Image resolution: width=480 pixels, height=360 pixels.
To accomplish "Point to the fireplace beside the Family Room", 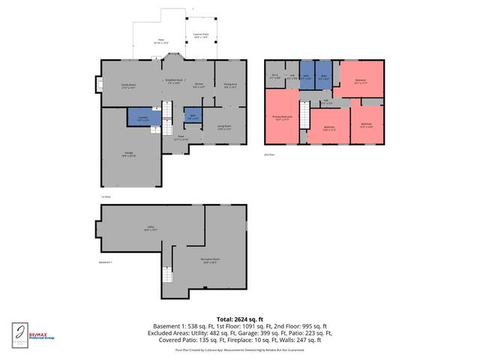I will coord(97,85).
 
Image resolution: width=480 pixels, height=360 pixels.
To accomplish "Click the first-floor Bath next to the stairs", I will coord(192,115).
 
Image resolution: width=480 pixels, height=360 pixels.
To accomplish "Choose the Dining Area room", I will coord(231,85).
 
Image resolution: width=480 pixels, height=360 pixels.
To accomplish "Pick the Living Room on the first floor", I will coord(223,127).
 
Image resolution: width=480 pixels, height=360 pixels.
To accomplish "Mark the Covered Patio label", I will coord(200,34).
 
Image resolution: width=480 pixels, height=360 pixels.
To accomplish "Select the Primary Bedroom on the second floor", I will coord(282,117).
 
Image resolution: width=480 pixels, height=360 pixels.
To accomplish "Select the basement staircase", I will coord(166,282).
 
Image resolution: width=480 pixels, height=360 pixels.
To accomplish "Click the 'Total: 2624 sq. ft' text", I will coord(239,318).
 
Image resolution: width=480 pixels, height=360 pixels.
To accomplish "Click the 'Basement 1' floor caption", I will coord(105,262).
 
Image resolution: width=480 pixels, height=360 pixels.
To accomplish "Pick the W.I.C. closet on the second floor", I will coord(274,75).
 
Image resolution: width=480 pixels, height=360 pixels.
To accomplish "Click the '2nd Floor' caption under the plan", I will coord(270,153).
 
